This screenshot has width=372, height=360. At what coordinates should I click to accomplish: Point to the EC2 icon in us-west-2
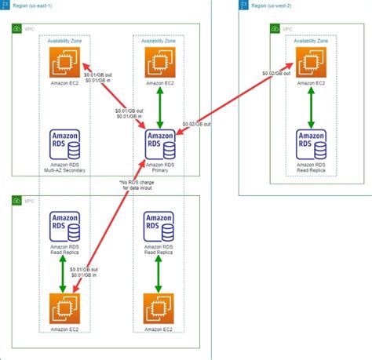tap(311, 63)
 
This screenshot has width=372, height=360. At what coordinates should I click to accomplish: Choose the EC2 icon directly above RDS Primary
tap(159, 63)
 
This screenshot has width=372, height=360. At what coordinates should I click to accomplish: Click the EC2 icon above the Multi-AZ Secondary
tap(65, 63)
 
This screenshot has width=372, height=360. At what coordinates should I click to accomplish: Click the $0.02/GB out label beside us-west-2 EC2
tap(276, 73)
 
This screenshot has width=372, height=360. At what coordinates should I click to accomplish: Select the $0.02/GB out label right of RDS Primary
tap(196, 124)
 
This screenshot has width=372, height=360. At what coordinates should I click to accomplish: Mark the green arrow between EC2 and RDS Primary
tap(159, 102)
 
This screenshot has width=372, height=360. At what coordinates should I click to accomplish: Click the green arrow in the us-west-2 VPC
tap(312, 103)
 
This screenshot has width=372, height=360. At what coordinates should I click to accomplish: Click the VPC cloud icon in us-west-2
tap(275, 28)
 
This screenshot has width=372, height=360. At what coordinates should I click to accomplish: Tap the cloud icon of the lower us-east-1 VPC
tap(17, 202)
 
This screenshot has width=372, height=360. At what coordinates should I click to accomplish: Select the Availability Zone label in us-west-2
tap(312, 39)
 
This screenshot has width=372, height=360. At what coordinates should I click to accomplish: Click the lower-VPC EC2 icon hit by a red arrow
tap(65, 307)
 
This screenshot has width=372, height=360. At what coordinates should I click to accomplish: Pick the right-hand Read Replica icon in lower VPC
tap(159, 227)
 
